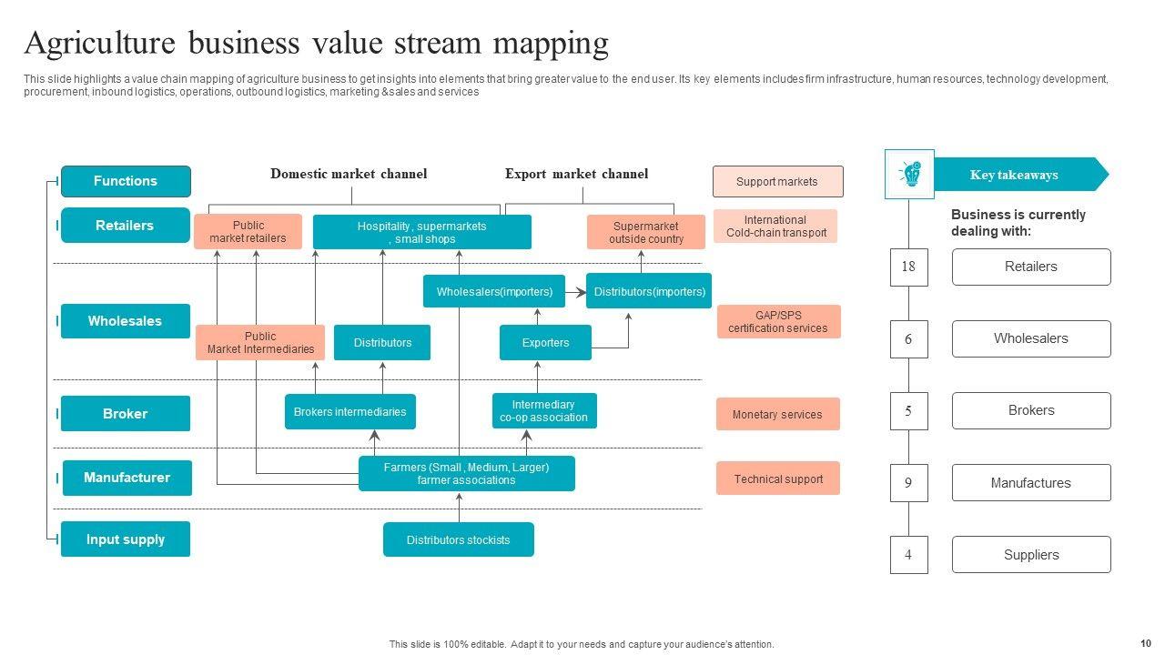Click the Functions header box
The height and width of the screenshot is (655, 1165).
tap(126, 181)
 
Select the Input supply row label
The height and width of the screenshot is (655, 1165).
tap(126, 539)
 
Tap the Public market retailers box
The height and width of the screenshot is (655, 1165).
tap(248, 232)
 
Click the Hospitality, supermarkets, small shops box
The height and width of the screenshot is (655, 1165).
tap(421, 232)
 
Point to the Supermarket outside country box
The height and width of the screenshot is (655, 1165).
tap(645, 232)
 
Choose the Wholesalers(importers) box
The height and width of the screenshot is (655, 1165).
tap(494, 292)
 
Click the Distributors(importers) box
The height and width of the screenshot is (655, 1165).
tap(649, 292)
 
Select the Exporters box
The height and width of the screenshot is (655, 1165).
tap(545, 343)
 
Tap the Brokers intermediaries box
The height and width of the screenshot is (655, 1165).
tap(349, 412)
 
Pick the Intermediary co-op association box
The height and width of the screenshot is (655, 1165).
tap(543, 411)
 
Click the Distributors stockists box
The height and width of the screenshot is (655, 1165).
tap(458, 539)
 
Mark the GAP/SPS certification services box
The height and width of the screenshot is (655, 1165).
tap(778, 322)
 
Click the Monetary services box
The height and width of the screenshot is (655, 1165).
tap(777, 414)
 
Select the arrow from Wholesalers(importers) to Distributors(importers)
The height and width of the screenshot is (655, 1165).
tap(575, 293)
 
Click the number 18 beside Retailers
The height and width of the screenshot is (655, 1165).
tap(908, 267)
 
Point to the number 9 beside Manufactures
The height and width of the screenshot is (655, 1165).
tap(908, 483)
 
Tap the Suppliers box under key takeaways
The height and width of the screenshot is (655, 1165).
tap(1031, 555)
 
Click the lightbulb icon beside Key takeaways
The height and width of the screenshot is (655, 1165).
tap(909, 174)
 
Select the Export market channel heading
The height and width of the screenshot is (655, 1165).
tap(576, 174)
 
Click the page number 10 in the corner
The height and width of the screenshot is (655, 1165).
tap(1145, 643)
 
